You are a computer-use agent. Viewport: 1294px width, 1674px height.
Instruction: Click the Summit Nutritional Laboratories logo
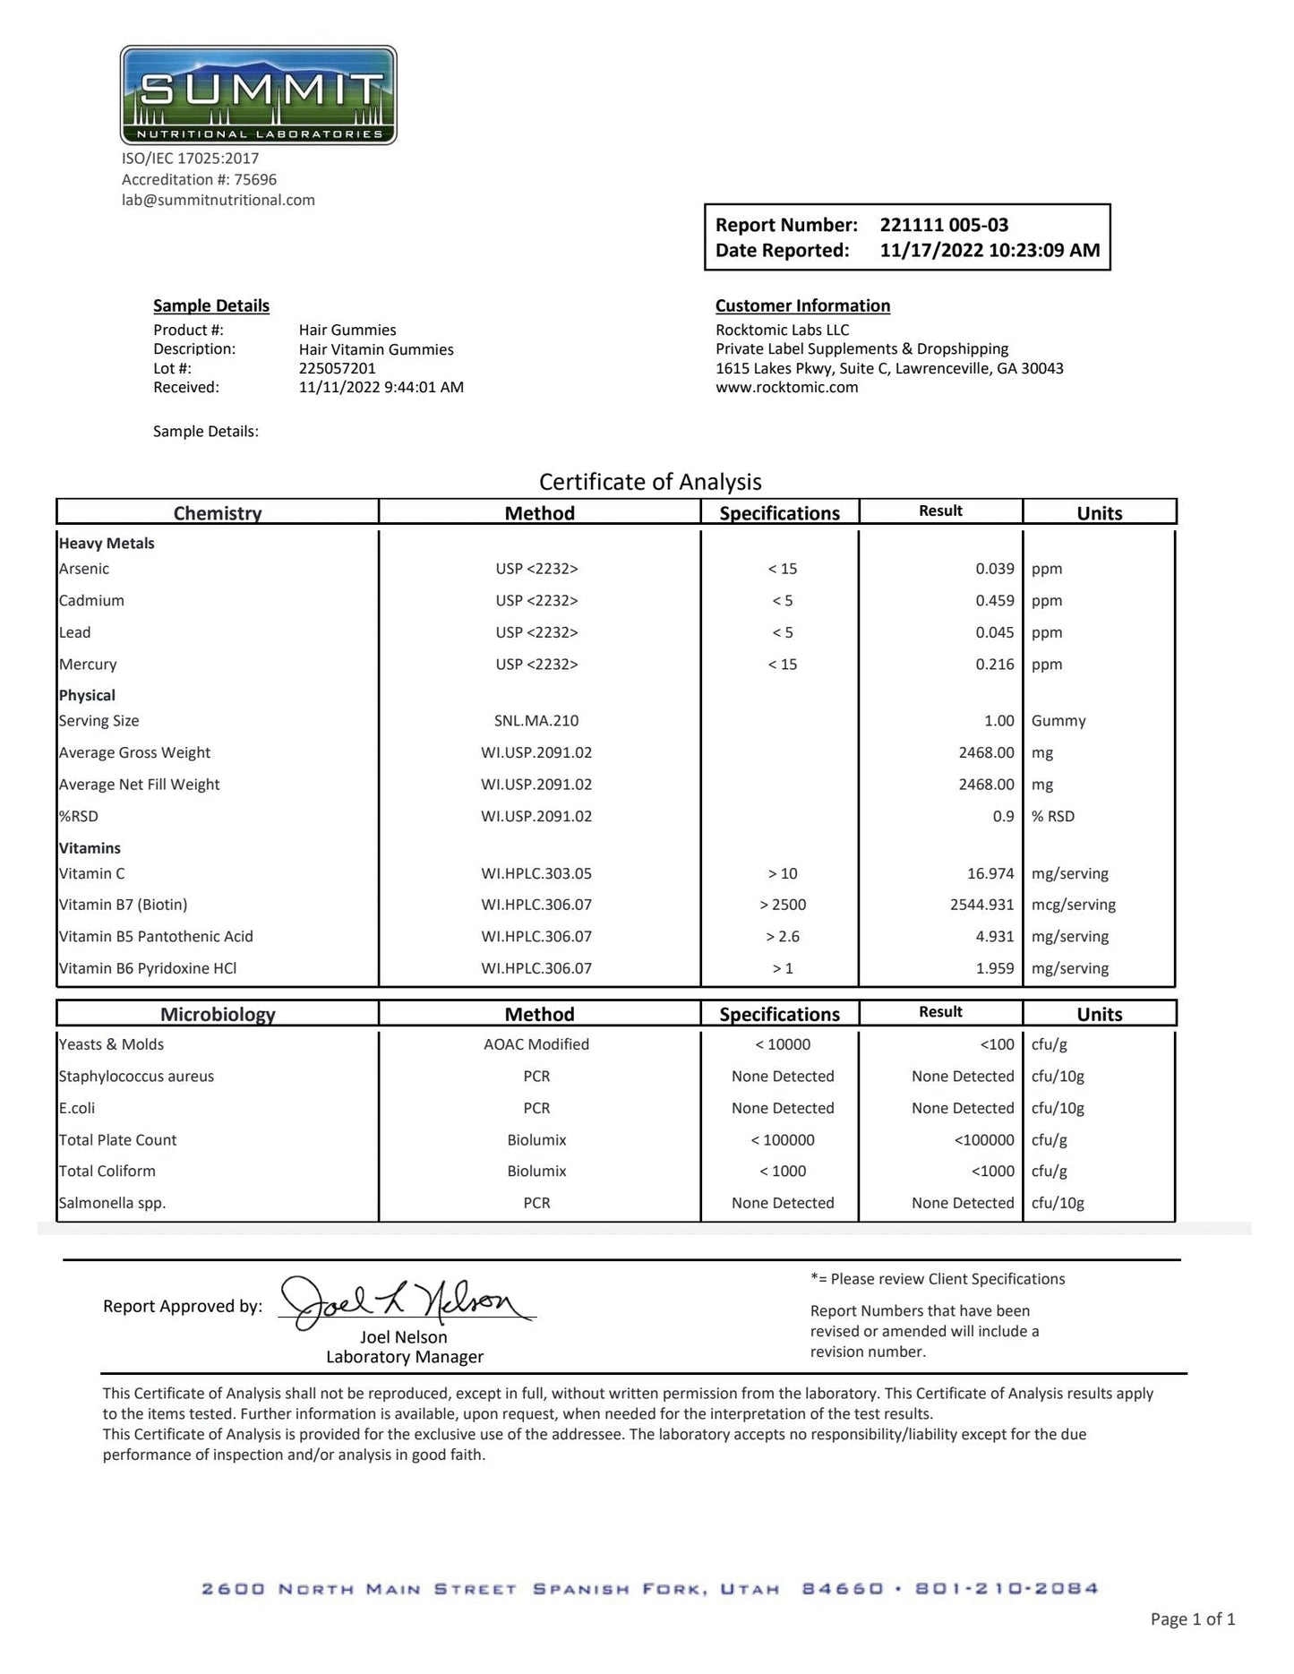[258, 96]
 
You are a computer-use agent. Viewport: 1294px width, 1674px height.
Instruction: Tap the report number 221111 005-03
[944, 225]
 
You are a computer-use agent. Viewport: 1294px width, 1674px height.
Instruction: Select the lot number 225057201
[338, 368]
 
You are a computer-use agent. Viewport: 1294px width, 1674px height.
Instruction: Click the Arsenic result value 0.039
[994, 569]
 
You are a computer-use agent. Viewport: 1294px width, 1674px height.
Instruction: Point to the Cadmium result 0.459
[994, 601]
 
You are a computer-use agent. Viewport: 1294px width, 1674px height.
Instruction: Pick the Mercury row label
[88, 665]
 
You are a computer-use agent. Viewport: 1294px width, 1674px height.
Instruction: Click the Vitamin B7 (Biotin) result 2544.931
[981, 905]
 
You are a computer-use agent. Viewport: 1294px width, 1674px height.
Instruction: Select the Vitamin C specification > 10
[782, 873]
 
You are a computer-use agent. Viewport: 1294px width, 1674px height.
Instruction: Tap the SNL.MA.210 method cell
[536, 721]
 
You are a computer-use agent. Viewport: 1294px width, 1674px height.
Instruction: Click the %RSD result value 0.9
[1003, 817]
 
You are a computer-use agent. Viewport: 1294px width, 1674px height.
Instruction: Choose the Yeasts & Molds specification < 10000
[782, 1044]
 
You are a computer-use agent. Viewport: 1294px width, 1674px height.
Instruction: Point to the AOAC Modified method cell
[536, 1044]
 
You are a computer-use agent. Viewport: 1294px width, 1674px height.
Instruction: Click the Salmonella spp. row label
[112, 1203]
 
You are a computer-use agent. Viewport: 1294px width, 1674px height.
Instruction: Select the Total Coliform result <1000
[992, 1172]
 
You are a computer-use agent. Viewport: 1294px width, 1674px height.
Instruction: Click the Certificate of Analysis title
[650, 482]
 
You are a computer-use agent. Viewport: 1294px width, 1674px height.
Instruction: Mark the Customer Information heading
[802, 305]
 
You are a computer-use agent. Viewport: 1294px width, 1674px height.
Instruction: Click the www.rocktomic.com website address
[786, 388]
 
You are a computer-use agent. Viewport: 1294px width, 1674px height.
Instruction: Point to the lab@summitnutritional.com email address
[219, 200]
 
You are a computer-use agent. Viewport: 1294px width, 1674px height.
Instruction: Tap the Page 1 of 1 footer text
[1192, 1618]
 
